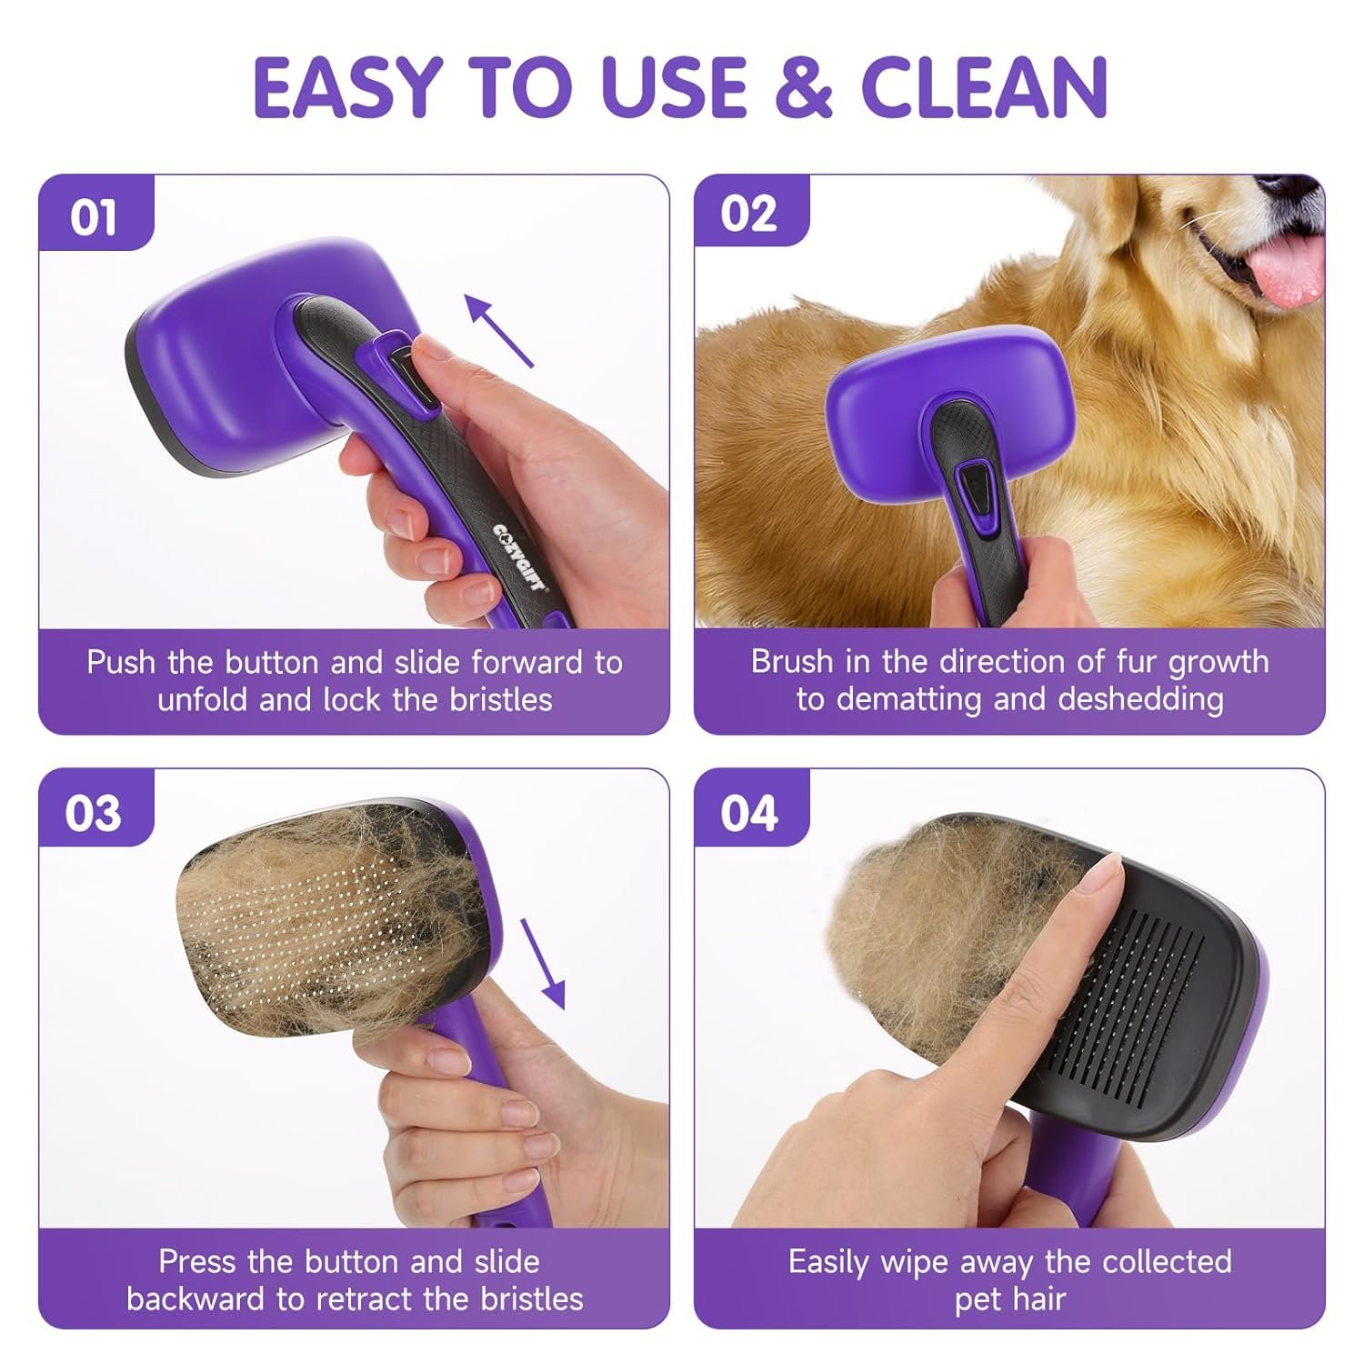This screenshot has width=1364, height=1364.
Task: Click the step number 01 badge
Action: (94, 218)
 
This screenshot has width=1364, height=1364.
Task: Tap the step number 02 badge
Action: (749, 215)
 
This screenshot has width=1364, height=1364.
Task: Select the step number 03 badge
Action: (94, 812)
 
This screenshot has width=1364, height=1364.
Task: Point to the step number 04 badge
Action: (749, 812)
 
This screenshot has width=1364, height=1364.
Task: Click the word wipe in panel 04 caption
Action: (910, 1261)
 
